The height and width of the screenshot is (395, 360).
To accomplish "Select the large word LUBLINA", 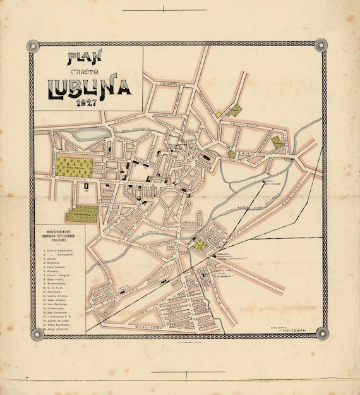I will pos(88,90).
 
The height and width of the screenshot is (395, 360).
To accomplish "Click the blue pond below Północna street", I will pos(90,134).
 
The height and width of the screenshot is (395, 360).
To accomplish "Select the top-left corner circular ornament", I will pos(31,46).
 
